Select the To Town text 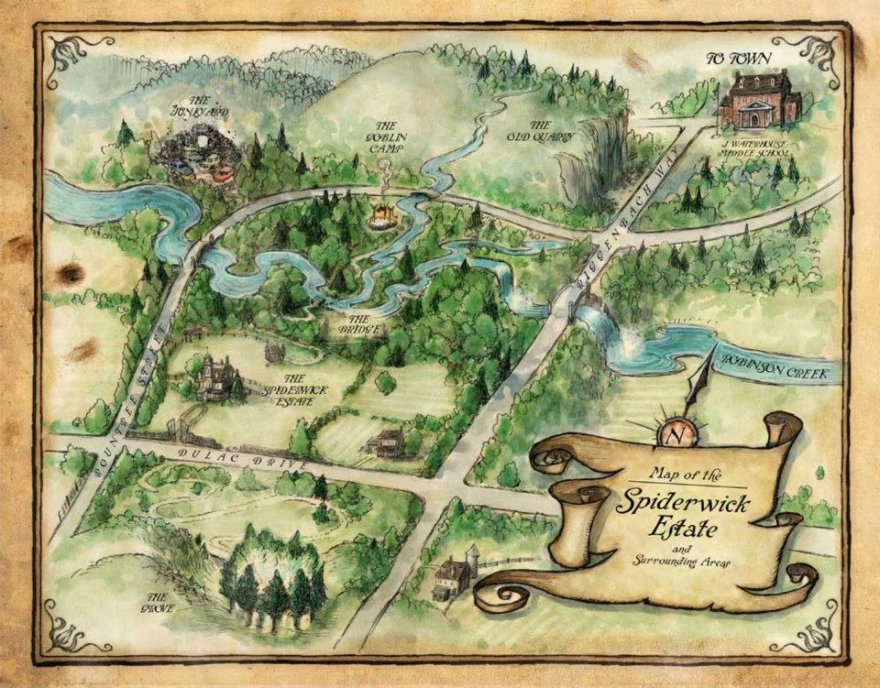coord(738,60)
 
